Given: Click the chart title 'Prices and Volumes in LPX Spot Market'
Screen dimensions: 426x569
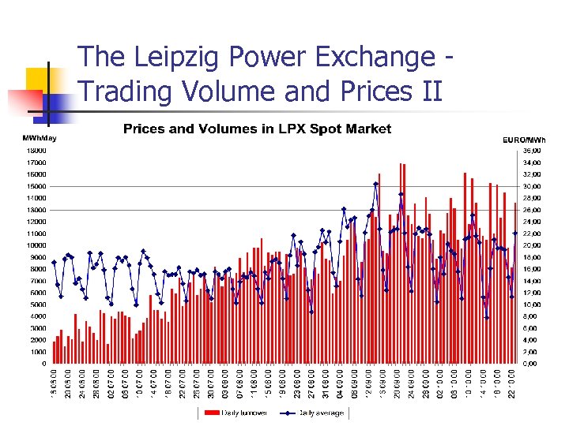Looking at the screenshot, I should (x=257, y=129).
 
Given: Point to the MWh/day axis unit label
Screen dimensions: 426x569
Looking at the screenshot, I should (x=40, y=139).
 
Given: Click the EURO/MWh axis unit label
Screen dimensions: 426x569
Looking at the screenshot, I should (x=524, y=140).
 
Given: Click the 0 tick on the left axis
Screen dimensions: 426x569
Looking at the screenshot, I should (x=43, y=364).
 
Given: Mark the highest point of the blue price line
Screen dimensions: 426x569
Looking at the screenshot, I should (x=376, y=184).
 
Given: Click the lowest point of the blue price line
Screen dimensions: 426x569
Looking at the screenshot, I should (x=487, y=318).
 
